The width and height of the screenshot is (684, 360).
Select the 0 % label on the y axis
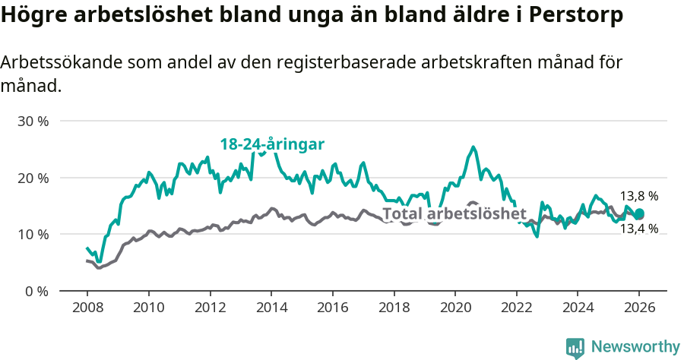(x=35, y=291)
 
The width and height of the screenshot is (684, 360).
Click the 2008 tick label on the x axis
(x=87, y=309)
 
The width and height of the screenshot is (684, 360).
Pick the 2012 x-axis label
(x=210, y=309)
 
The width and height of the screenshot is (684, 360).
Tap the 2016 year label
(x=332, y=309)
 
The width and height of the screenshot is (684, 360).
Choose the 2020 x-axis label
(x=454, y=309)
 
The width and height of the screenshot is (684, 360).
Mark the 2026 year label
(x=638, y=309)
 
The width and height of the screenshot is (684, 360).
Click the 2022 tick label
(x=516, y=309)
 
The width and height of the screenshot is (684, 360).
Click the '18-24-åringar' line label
(x=272, y=144)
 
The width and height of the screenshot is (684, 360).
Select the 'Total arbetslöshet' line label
(x=448, y=213)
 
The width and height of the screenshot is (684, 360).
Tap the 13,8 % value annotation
(x=638, y=196)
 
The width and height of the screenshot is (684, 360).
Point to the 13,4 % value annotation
(x=638, y=229)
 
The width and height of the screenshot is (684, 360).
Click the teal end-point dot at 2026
(x=639, y=213)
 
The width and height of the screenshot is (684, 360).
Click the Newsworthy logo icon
(x=575, y=347)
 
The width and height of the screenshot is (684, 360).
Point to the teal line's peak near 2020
(x=473, y=147)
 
